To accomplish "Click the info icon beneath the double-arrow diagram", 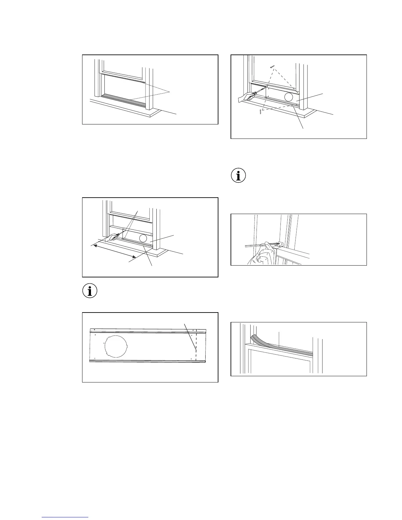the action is (x=90, y=291).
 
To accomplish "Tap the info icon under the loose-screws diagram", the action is (x=238, y=176).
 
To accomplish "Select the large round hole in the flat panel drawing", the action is (x=116, y=346).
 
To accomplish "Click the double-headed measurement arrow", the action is (x=113, y=250).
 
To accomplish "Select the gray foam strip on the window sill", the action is (x=123, y=100).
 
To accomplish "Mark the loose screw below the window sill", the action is (x=260, y=112).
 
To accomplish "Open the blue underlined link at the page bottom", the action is (x=65, y=517).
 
